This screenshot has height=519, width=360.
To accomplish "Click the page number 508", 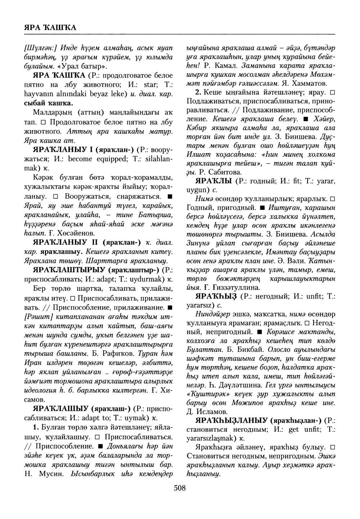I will [x=180, y=488].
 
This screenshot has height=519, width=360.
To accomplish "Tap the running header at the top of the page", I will [x=50, y=27].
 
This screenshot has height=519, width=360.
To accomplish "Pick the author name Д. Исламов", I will [x=207, y=411].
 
